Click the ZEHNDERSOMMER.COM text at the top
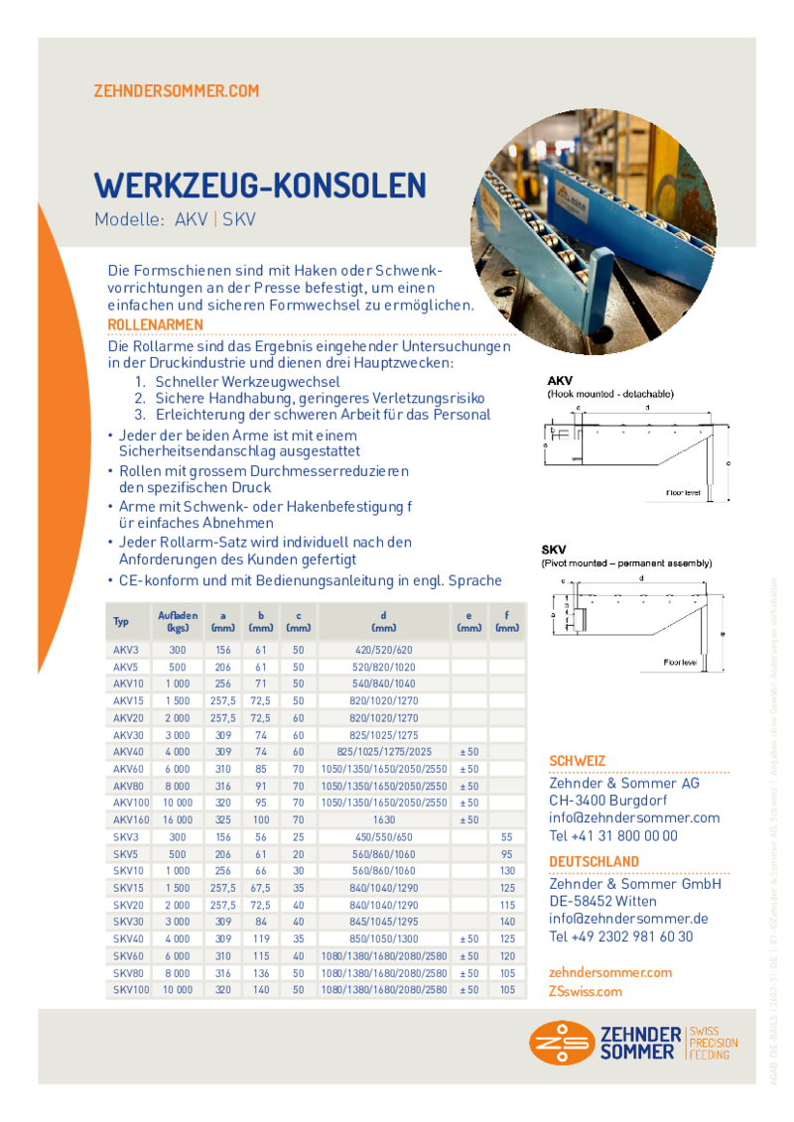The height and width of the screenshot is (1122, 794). [176, 91]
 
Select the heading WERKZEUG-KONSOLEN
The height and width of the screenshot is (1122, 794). [260, 186]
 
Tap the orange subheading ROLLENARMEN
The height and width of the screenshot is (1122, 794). [155, 325]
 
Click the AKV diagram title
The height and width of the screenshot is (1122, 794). [560, 381]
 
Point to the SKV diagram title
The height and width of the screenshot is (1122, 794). [554, 550]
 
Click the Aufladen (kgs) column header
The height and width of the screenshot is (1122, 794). [179, 621]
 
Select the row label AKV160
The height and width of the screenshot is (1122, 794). [130, 819]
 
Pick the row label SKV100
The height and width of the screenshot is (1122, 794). [130, 990]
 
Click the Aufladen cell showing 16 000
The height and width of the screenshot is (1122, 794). [178, 819]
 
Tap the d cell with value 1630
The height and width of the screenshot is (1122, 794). [383, 819]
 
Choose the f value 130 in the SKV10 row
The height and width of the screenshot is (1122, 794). [507, 871]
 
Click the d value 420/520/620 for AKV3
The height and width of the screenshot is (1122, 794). [383, 649]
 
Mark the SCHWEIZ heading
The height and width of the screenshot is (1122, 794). [578, 762]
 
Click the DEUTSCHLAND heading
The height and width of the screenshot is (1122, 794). [595, 862]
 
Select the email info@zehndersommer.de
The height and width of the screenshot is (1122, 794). [628, 919]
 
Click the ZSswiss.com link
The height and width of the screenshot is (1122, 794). [586, 991]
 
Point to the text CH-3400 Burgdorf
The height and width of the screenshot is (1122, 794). [608, 801]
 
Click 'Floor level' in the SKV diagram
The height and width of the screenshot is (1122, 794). [681, 661]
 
